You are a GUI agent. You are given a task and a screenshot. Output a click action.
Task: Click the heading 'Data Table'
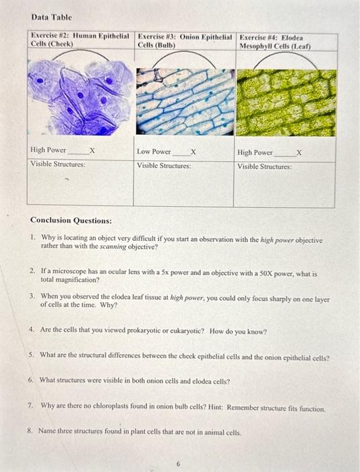(x=51, y=17)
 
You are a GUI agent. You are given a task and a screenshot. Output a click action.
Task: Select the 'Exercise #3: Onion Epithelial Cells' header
(x=185, y=39)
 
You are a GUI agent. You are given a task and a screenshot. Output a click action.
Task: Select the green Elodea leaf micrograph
(x=285, y=101)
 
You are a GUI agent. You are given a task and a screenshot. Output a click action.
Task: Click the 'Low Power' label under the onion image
(x=154, y=152)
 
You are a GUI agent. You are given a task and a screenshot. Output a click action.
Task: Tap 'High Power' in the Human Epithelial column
(x=48, y=150)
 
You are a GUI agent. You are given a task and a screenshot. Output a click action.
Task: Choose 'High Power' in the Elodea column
(x=255, y=153)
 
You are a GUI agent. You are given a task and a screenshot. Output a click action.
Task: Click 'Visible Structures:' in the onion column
(x=164, y=165)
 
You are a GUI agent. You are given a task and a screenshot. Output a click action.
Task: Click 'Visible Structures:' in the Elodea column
(x=264, y=166)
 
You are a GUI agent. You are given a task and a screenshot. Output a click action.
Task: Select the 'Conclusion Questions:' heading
(x=71, y=220)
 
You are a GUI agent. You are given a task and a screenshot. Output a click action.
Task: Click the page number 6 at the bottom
(x=179, y=464)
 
